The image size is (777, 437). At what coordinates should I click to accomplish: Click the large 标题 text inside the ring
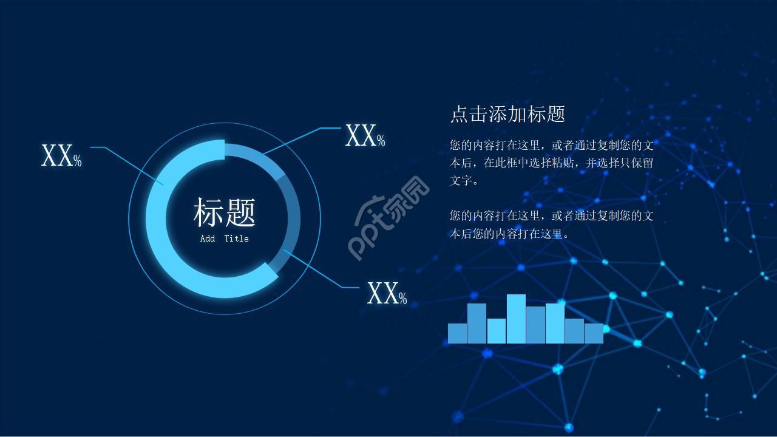pos(224,212)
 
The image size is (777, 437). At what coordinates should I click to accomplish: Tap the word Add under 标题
pos(208,239)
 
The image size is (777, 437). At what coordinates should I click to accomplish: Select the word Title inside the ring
pos(236,239)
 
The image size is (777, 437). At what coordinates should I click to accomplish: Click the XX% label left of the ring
pos(61,156)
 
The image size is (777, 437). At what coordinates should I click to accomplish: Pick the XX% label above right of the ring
pos(365,135)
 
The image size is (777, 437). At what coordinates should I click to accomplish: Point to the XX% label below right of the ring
pos(387,294)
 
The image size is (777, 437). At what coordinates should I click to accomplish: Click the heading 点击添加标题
pos(507,113)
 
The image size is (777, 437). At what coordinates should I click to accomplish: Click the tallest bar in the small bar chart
pos(516,319)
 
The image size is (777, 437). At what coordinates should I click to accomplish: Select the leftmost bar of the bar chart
pos(457,333)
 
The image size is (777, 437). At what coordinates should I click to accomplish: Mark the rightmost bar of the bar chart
pos(594,333)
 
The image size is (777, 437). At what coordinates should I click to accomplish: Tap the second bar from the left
pos(477,323)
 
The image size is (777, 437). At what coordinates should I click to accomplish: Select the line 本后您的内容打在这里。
pos(510,234)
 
